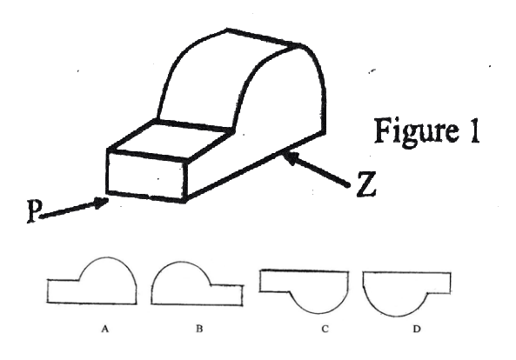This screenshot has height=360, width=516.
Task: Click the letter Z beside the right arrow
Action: pyautogui.click(x=366, y=184)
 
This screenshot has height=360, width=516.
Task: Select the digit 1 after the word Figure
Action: pyautogui.click(x=473, y=130)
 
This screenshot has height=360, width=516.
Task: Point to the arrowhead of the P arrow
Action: pyautogui.click(x=102, y=203)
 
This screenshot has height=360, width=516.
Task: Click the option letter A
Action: pyautogui.click(x=104, y=329)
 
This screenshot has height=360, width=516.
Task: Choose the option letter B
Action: pyautogui.click(x=199, y=329)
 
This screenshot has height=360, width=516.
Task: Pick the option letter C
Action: pyautogui.click(x=325, y=329)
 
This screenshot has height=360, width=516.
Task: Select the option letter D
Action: pyautogui.click(x=417, y=329)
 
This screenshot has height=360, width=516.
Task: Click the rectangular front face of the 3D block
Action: pyautogui.click(x=147, y=176)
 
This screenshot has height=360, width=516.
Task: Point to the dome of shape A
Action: pyautogui.click(x=107, y=257)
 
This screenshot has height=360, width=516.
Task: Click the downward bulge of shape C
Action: pyautogui.click(x=318, y=313)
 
